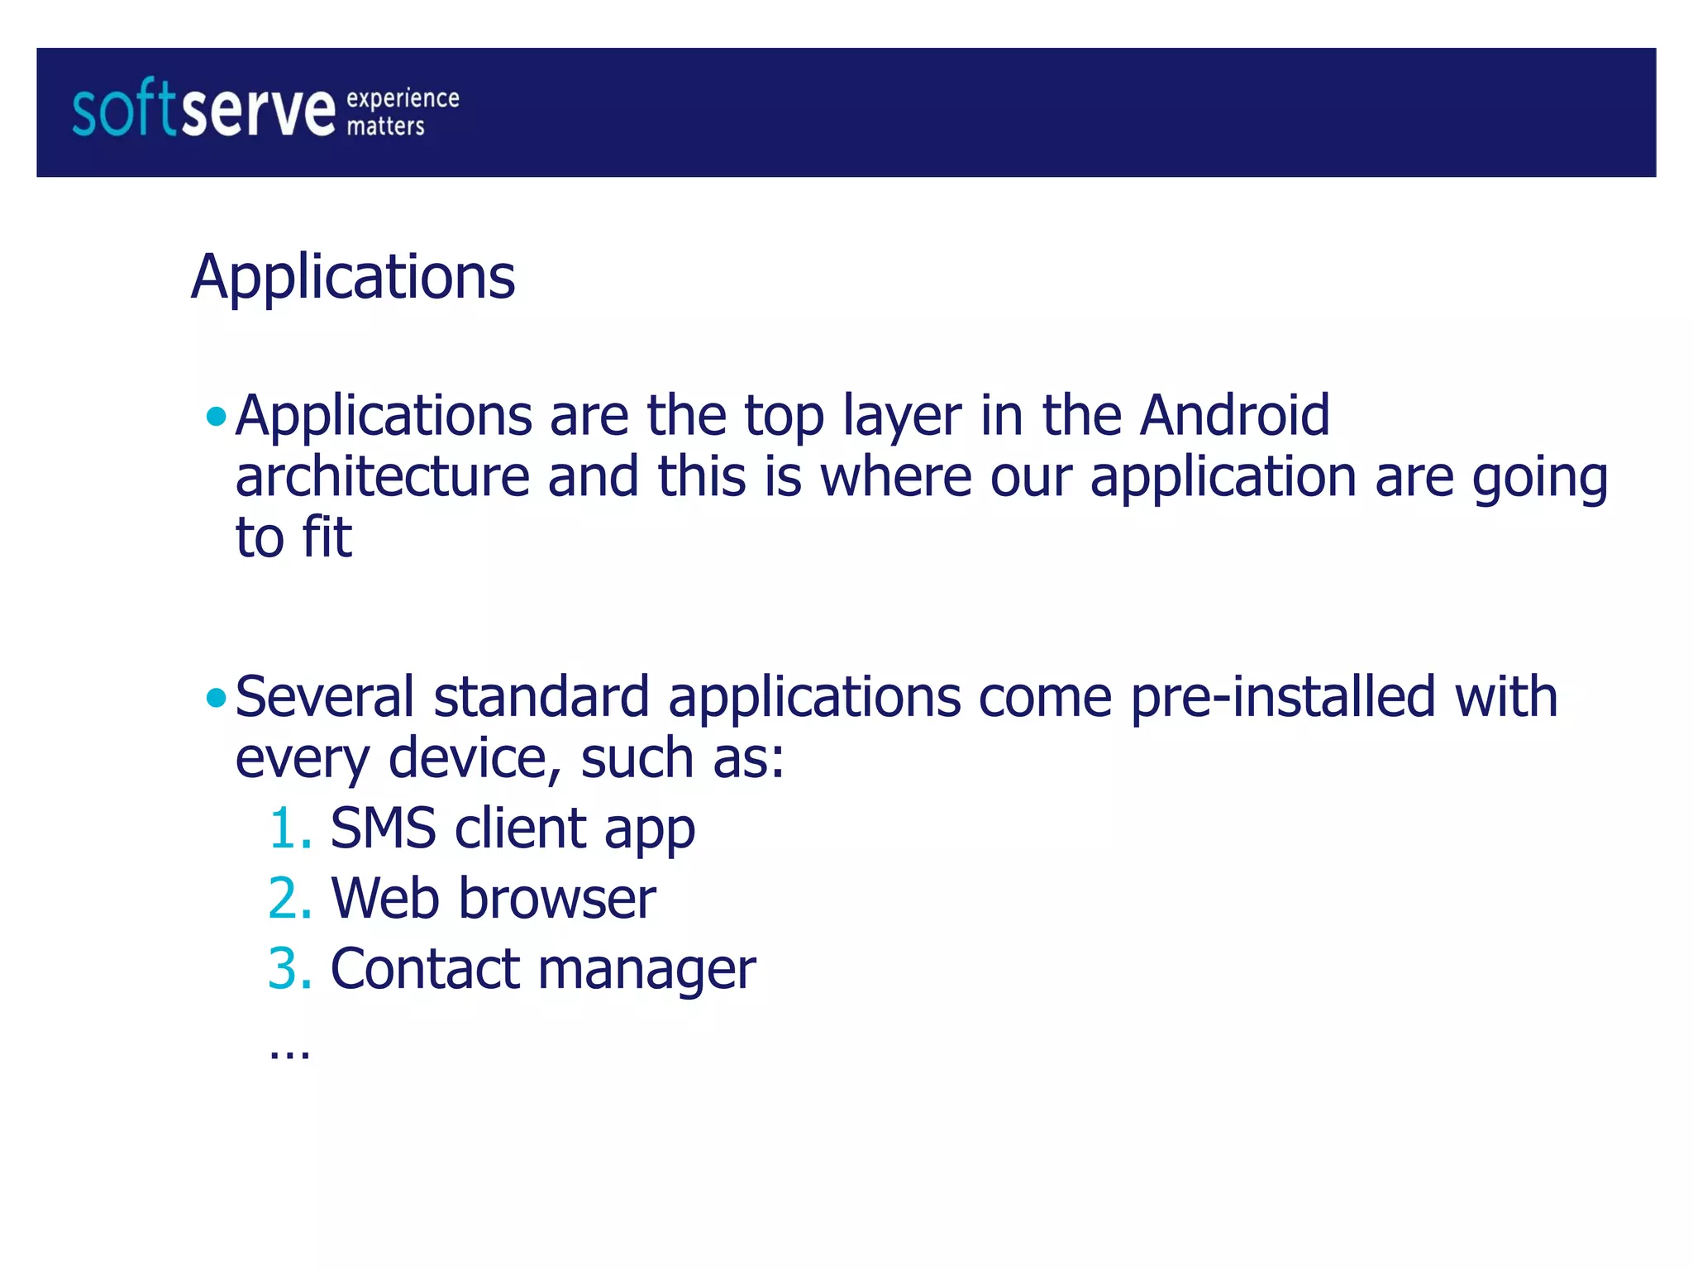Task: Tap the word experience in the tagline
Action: (x=403, y=98)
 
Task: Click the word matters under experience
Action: (x=385, y=127)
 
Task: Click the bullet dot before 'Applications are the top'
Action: (x=216, y=416)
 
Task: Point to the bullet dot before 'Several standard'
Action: (x=216, y=699)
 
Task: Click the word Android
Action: (x=1235, y=415)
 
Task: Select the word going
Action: (x=1539, y=480)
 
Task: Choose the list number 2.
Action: (x=289, y=899)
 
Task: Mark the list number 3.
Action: (x=289, y=969)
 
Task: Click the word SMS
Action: (x=383, y=828)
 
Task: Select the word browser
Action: (x=557, y=899)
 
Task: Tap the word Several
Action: (x=325, y=698)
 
